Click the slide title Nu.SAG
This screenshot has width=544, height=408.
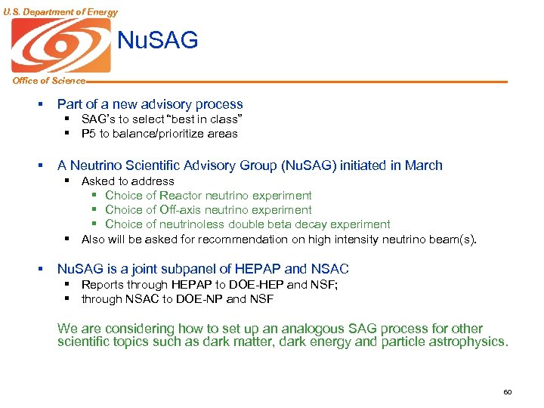(x=158, y=40)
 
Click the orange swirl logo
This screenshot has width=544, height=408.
(x=60, y=45)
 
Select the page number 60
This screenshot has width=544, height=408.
(x=507, y=392)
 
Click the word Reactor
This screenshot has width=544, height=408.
(x=181, y=196)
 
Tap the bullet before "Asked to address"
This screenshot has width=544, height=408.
(x=66, y=181)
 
